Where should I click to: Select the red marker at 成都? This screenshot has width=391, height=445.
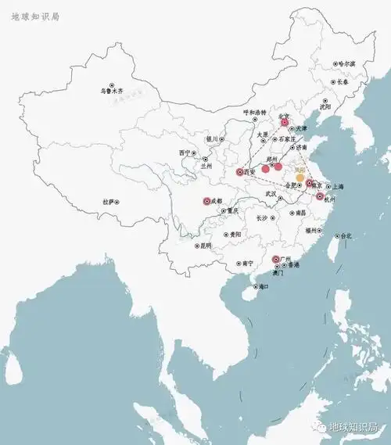pyautogui.click(x=207, y=201)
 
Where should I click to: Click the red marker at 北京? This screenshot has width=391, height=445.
pyautogui.click(x=285, y=122)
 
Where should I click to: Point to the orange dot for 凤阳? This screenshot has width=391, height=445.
pyautogui.click(x=300, y=178)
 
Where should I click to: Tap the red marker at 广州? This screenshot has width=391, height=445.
pyautogui.click(x=275, y=260)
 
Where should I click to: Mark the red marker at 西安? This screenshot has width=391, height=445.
pyautogui.click(x=240, y=172)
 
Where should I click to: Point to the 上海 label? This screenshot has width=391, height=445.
pyautogui.click(x=338, y=187)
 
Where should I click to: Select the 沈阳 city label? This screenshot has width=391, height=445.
pyautogui.click(x=325, y=107)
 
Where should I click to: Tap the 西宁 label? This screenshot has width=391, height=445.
pyautogui.click(x=185, y=153)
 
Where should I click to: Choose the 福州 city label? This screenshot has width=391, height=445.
pyautogui.click(x=313, y=231)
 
